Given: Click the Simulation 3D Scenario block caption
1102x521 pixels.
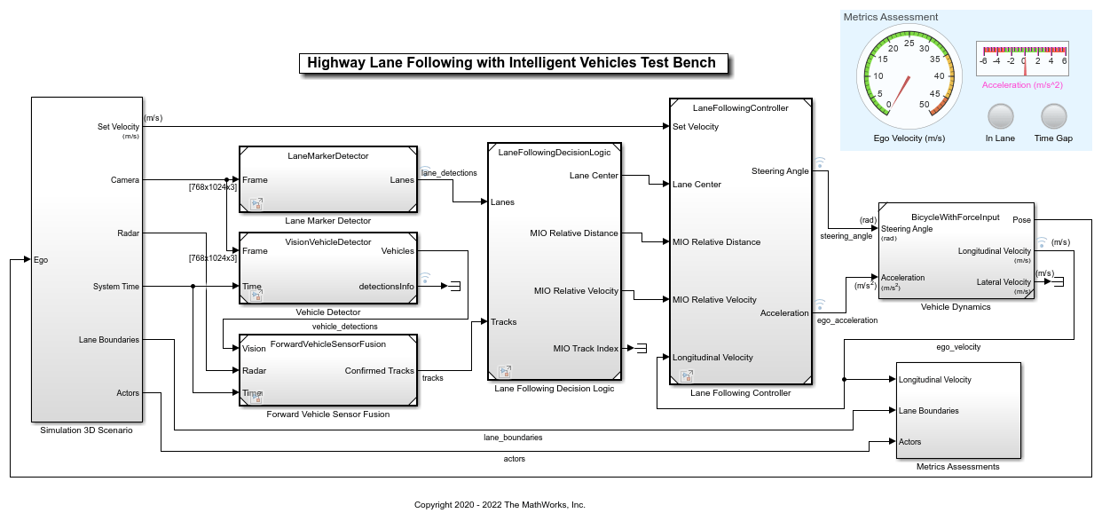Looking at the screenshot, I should point(86,430).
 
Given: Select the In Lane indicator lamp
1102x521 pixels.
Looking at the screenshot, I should point(1000,117).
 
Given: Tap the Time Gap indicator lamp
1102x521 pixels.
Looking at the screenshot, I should point(1053,117).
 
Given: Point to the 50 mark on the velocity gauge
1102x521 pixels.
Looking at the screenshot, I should point(924,105).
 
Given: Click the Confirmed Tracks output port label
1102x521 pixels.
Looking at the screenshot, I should point(379,371).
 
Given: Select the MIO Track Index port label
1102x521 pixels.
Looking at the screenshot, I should point(586,348).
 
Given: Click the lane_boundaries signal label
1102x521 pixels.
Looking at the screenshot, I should point(513,437).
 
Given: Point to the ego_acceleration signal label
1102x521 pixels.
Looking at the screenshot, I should point(846,320).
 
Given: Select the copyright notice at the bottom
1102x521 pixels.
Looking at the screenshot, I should point(500,504).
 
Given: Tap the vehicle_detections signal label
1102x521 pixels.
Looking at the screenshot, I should point(344,327).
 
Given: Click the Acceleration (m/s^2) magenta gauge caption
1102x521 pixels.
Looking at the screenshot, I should point(1022,84).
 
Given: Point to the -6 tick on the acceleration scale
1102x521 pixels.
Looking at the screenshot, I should point(983,61).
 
